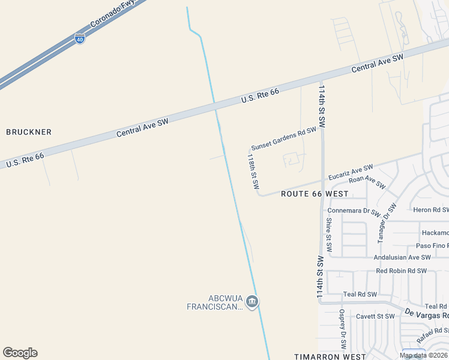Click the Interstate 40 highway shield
pyautogui.click(x=80, y=39)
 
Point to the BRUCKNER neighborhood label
pyautogui.click(x=29, y=132)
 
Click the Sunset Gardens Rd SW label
pyautogui.click(x=283, y=139)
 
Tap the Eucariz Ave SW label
pyautogui.click(x=351, y=172)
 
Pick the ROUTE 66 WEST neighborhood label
pyautogui.click(x=315, y=194)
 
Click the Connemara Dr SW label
pyautogui.click(x=354, y=211)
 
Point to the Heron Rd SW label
pyautogui.click(x=430, y=209)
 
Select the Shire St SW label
pyautogui.click(x=329, y=235)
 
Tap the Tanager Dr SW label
pyautogui.click(x=387, y=223)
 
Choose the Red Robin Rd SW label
pyautogui.click(x=401, y=271)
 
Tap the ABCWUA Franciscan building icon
pyautogui.click(x=252, y=301)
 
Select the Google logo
pyautogui.click(x=20, y=353)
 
